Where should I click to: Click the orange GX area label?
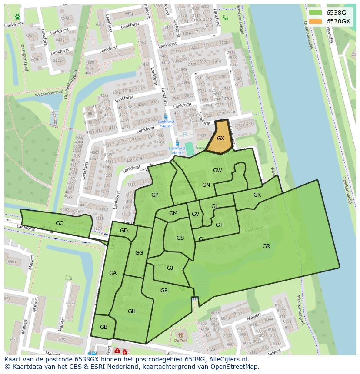pyautogui.click(x=220, y=139)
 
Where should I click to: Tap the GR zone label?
pyautogui.click(x=266, y=246)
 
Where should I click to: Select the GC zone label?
pyautogui.click(x=60, y=223)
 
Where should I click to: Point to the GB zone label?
pyautogui.click(x=103, y=327)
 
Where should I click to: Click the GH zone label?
pyautogui.click(x=132, y=311)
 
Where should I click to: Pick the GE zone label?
pyautogui.click(x=164, y=291)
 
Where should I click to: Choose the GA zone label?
pyautogui.click(x=113, y=273)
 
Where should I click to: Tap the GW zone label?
pyautogui.click(x=217, y=170)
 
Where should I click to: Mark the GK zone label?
pyautogui.click(x=257, y=195)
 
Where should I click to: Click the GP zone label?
pyautogui.click(x=155, y=195)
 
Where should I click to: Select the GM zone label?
pyautogui.click(x=173, y=213)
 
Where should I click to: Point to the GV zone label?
pyautogui.click(x=195, y=214)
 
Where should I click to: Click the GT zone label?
pyautogui.click(x=219, y=225)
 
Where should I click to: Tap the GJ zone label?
pyautogui.click(x=170, y=268)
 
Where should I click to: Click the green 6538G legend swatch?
pyautogui.click(x=316, y=13)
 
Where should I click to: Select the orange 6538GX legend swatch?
pyautogui.click(x=316, y=21)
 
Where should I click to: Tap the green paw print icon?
pyautogui.click(x=17, y=17)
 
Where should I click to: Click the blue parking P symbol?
pyautogui.click(x=185, y=135)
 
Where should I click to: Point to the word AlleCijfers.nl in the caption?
pyautogui.click(x=227, y=360)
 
